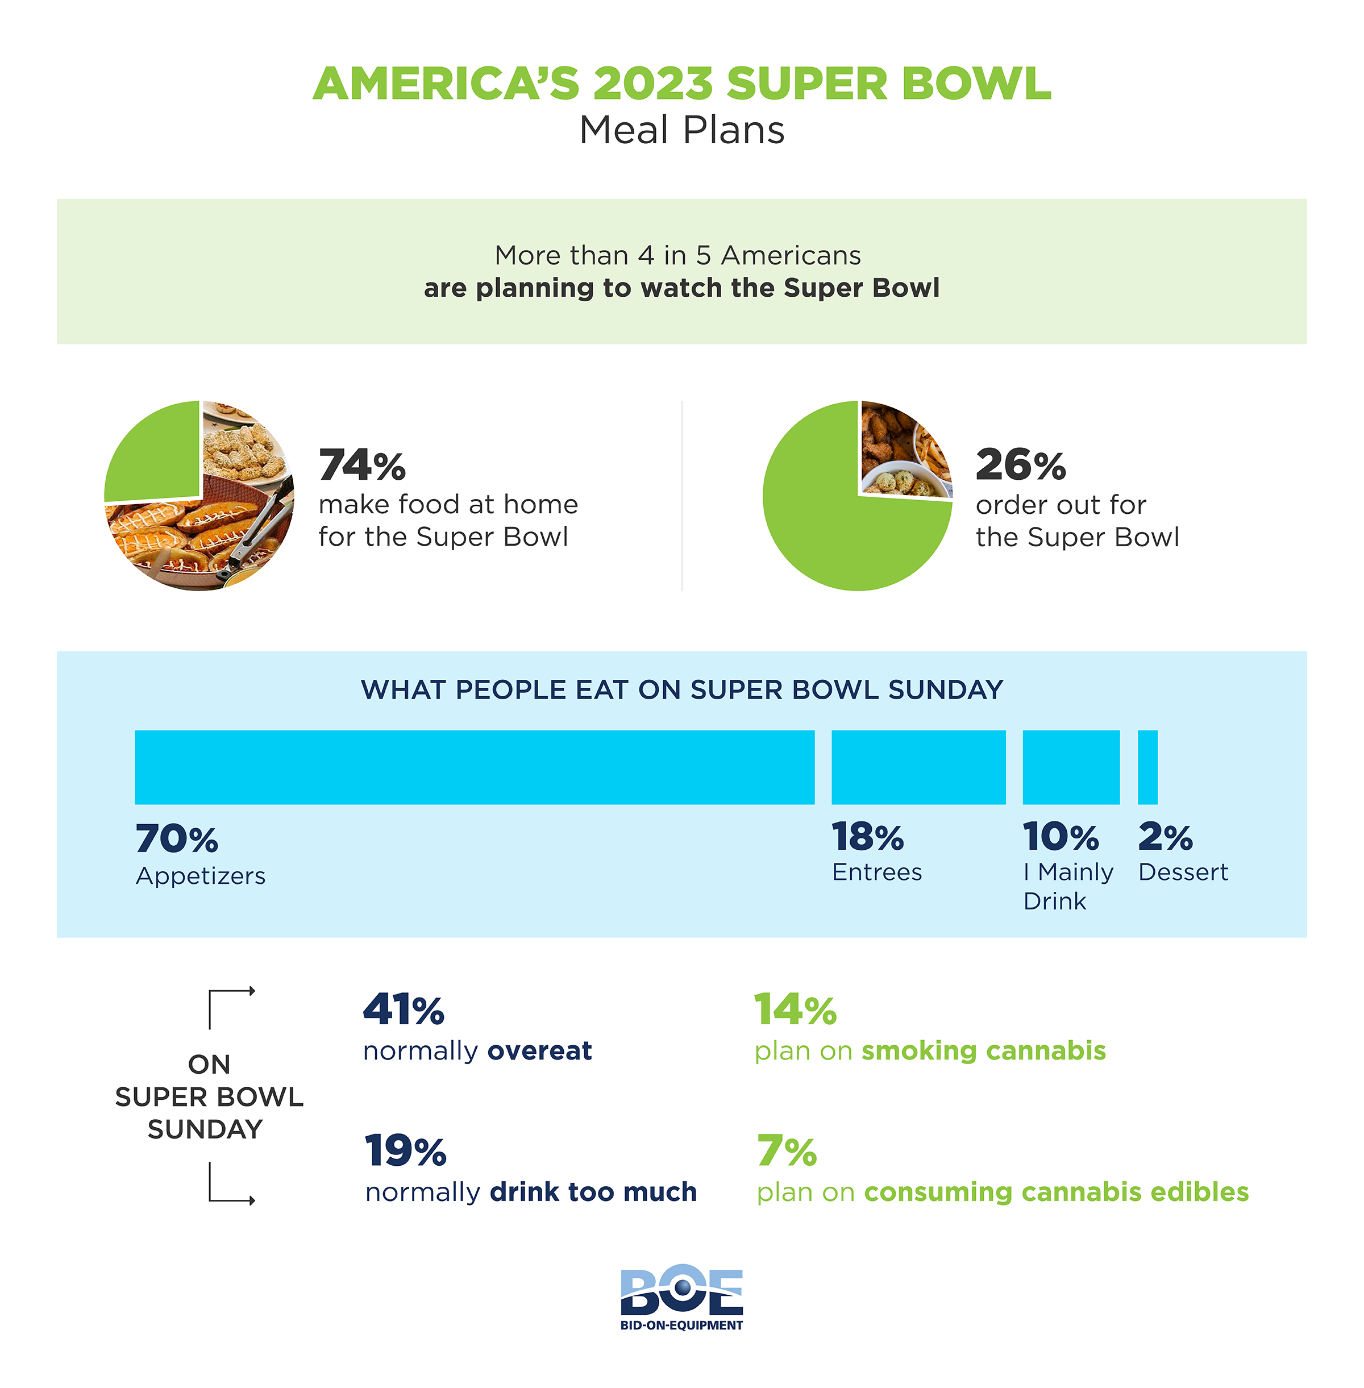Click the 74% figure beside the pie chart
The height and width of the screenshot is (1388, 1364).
click(362, 465)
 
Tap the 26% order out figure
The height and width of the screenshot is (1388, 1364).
click(1020, 465)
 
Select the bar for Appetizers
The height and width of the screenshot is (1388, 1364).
click(474, 767)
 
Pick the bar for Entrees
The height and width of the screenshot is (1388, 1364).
click(918, 767)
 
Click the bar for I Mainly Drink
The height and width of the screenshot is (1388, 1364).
click(1070, 767)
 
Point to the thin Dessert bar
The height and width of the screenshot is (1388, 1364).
click(1147, 767)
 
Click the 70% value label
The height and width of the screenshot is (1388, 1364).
click(176, 838)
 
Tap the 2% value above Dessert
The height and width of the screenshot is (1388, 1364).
click(1165, 837)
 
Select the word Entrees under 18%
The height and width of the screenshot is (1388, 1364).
click(877, 872)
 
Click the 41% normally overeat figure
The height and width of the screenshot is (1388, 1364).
click(404, 1011)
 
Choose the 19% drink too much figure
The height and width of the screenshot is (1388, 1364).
click(405, 1151)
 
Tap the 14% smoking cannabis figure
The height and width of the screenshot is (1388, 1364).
click(795, 1011)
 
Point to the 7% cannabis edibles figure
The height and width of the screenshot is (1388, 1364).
click(787, 1151)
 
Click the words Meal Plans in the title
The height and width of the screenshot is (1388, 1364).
click(681, 130)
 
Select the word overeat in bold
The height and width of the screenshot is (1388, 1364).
click(539, 1050)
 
